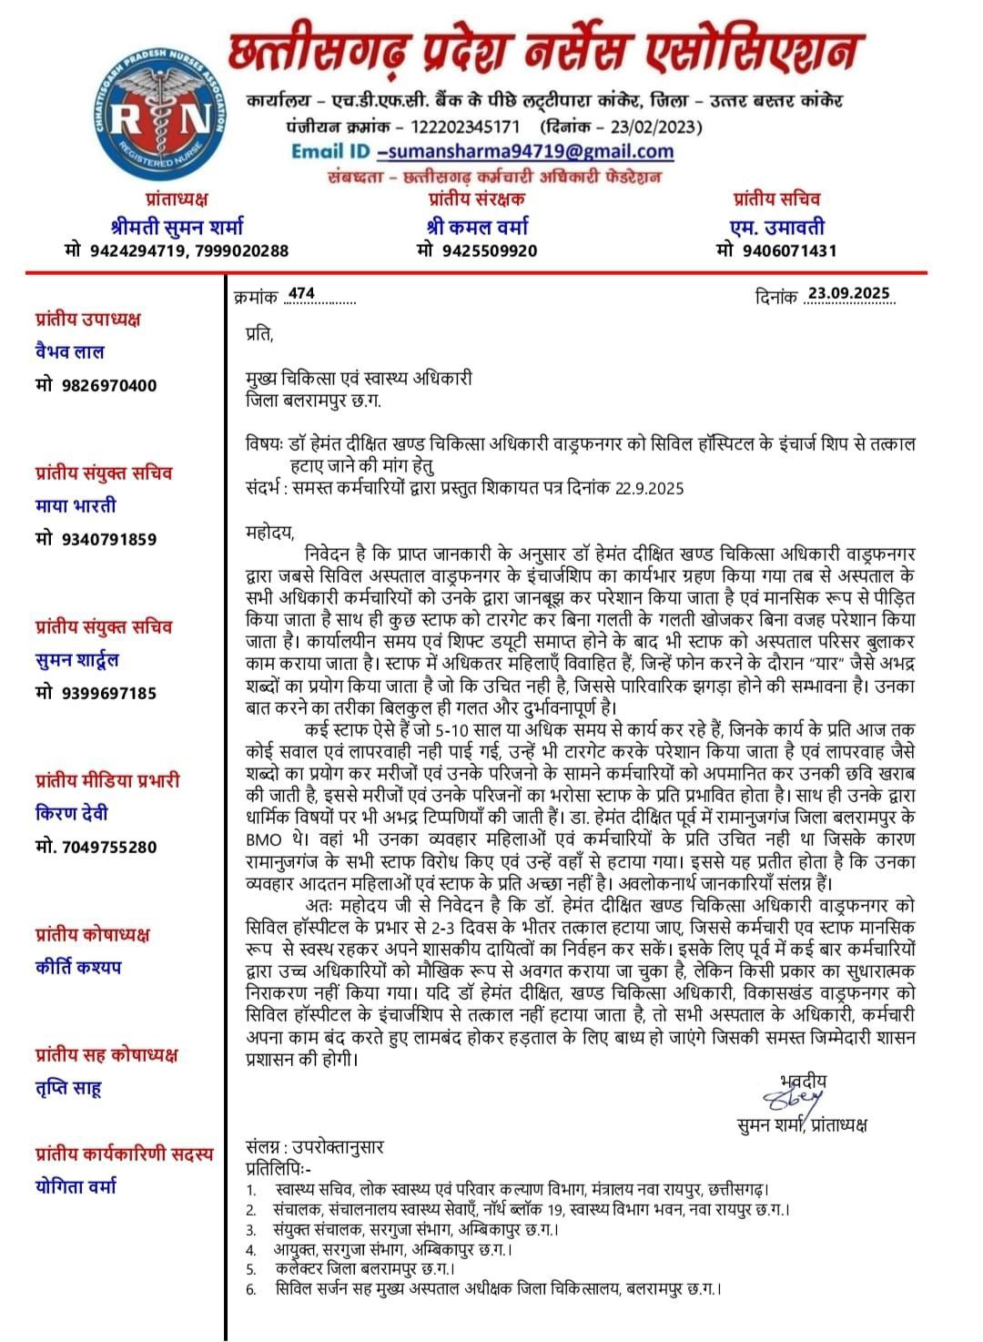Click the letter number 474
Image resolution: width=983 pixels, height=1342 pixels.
pos(301,293)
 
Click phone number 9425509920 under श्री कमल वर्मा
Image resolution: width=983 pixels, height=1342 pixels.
pos(488,250)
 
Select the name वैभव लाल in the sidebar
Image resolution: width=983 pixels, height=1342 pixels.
pos(70,351)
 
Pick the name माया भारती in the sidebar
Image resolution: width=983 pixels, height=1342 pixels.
pos(76,505)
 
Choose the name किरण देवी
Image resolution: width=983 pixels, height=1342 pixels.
pos(73,813)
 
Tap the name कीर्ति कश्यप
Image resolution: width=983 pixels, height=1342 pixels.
pos(78,967)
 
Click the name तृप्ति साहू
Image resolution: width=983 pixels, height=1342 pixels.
pos(69,1088)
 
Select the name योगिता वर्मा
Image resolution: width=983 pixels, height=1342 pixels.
pos(76,1186)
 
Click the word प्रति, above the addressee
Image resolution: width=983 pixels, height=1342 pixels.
pos(259,334)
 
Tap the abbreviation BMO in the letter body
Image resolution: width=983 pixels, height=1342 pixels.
pos(263,838)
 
